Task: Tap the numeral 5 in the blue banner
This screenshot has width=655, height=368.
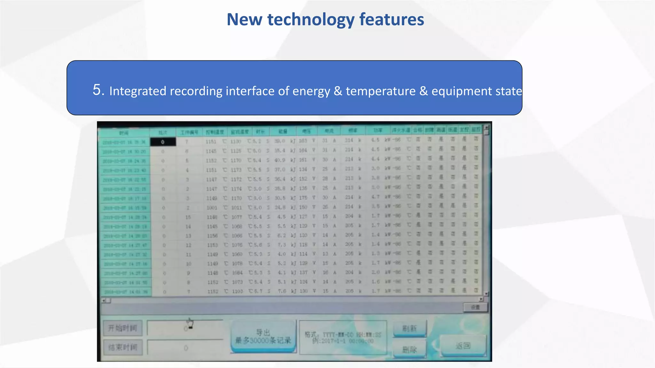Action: [x=99, y=90]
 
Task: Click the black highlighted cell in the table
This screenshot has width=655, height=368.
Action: [x=163, y=142]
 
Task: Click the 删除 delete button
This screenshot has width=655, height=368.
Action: [x=409, y=349]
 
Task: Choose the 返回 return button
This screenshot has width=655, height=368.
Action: [x=463, y=346]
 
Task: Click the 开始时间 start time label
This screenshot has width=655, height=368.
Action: [x=123, y=328]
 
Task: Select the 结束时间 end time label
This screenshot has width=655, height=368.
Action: [x=123, y=347]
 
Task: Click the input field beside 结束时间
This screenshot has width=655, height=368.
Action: [x=185, y=348]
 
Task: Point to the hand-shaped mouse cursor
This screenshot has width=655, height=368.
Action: [x=190, y=323]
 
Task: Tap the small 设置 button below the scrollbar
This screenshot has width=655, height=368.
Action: [x=475, y=307]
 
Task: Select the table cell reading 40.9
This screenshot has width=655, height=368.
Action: [x=280, y=160]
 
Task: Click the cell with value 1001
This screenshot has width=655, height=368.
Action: [x=211, y=208]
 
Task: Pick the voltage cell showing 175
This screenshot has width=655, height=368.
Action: [x=303, y=198]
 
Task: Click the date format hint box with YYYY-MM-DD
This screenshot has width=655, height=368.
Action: [x=343, y=338]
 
